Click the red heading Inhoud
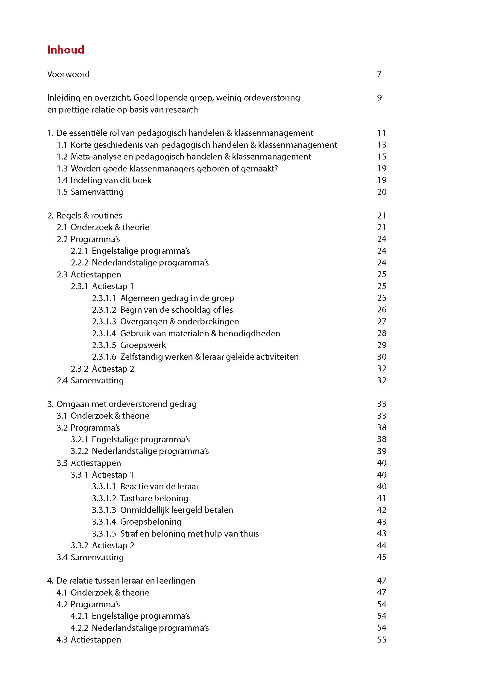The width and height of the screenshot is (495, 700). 66,50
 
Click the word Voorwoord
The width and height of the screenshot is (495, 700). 68,75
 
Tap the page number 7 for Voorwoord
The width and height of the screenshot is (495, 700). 379,75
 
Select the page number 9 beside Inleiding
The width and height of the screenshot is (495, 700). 379,98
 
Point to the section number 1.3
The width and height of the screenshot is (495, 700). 62,168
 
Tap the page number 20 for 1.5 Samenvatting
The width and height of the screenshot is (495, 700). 382,192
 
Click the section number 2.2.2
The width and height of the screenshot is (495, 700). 79,263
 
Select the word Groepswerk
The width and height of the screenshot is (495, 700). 143,345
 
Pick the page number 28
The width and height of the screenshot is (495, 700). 382,333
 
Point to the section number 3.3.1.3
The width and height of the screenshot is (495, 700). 104,510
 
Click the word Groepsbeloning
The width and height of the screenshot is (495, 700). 151,522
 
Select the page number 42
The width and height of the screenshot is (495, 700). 382,510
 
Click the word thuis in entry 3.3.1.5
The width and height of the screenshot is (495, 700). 249,534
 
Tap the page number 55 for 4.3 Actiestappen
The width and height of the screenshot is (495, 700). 382,640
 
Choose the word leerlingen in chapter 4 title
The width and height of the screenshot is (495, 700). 176,581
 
